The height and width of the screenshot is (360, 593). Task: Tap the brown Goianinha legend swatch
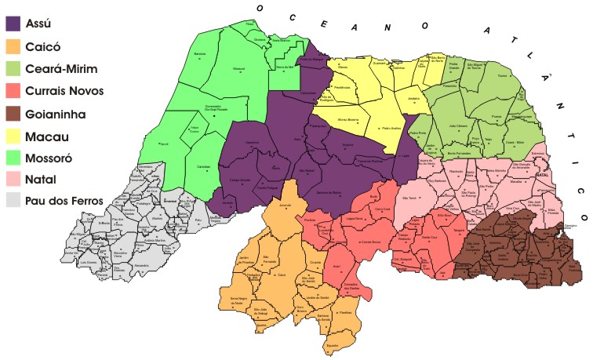point(15,113)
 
